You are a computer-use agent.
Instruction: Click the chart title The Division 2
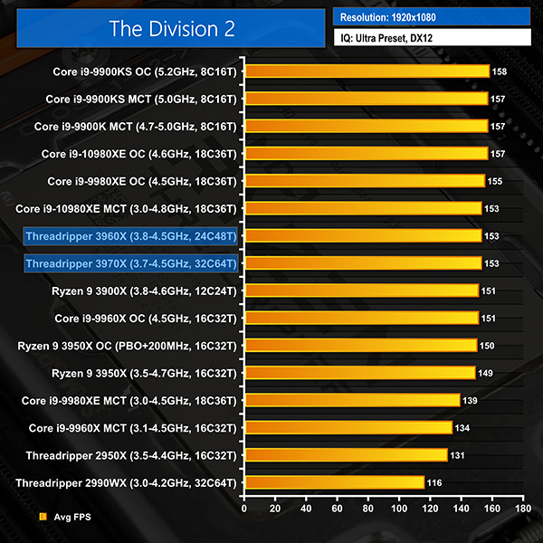pos(172,29)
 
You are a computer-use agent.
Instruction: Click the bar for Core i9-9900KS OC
pos(367,71)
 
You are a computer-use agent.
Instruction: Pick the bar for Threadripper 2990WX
pos(334,482)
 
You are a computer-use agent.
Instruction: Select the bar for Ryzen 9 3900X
pos(361,291)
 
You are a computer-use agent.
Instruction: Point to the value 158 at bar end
pos(500,71)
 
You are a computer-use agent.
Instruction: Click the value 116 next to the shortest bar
pos(434,482)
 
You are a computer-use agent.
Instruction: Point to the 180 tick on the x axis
pos(523,510)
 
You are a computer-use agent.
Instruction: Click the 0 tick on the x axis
pos(244,510)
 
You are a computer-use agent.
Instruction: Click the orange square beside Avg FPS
pos(43,518)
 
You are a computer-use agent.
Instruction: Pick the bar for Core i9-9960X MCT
pos(348,427)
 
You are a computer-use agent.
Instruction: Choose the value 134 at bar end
pos(465,427)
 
